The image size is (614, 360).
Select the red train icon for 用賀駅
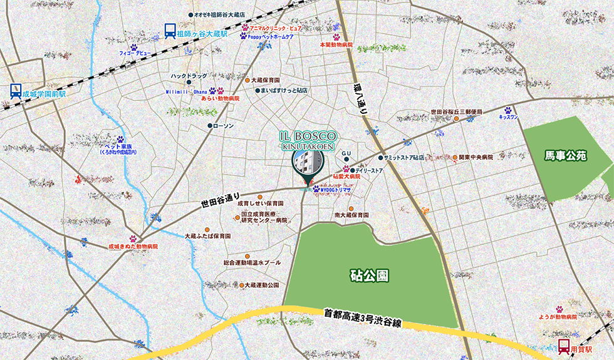tap(564, 346)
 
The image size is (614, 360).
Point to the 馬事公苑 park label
tap(565, 155)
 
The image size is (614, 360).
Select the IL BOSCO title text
tap(308, 136)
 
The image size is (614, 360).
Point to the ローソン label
tap(223, 126)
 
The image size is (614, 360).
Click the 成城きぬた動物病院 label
tap(133, 247)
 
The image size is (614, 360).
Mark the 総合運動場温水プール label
tap(252, 263)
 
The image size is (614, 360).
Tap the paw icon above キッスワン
tap(507, 110)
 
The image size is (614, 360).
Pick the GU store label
tap(346, 153)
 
